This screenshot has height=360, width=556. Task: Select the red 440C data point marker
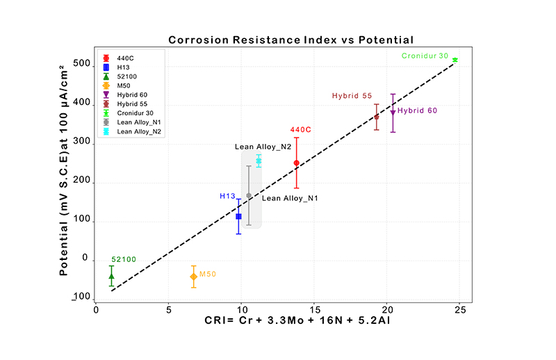(297, 163)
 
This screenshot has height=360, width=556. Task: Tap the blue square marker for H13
(238, 217)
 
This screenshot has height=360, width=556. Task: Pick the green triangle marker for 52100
(111, 276)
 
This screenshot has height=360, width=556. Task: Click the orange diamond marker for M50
(193, 277)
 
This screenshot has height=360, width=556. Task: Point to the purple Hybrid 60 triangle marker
(393, 113)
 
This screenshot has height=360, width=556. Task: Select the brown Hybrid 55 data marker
(377, 117)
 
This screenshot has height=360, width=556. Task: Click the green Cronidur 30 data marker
(455, 60)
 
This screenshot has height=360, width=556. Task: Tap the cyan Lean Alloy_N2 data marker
(259, 161)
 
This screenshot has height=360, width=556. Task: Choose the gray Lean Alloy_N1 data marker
(249, 196)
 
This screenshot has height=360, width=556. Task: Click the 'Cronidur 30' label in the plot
(425, 56)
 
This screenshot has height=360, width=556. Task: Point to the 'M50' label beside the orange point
(208, 275)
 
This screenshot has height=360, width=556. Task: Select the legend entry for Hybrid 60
(133, 95)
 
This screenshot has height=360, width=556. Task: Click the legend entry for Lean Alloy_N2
(136, 131)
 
